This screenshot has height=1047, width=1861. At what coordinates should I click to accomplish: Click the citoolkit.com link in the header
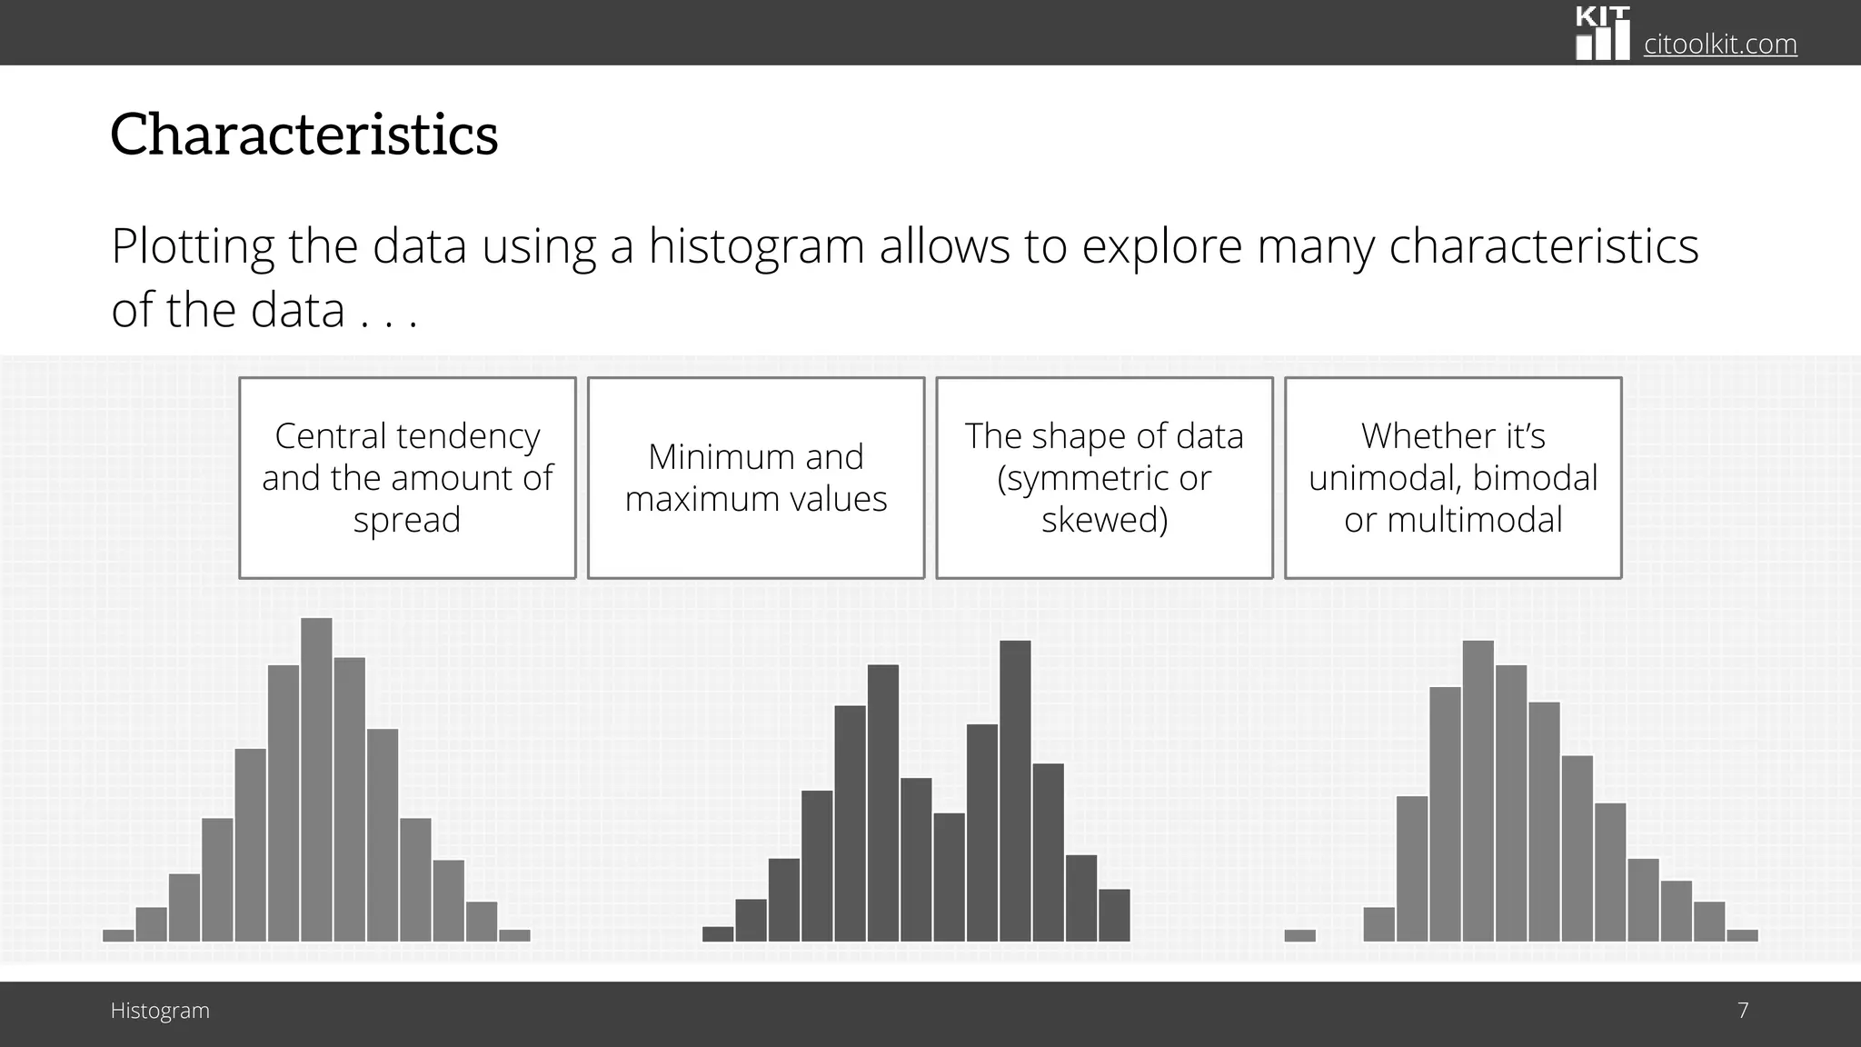pyautogui.click(x=1719, y=44)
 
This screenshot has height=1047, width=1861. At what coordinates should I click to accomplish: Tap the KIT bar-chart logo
pyautogui.click(x=1602, y=35)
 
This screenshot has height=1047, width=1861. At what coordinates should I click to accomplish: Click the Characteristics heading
pyautogui.click(x=304, y=135)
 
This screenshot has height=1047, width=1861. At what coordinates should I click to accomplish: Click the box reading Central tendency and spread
pyautogui.click(x=407, y=478)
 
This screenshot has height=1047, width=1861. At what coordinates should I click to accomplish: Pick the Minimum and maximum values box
pyautogui.click(x=755, y=478)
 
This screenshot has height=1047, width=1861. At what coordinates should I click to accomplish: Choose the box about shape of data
pyautogui.click(x=1104, y=478)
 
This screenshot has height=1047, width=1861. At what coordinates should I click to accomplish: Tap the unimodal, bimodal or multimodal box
pyautogui.click(x=1452, y=478)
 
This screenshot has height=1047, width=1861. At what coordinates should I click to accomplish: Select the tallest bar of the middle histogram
pyautogui.click(x=1015, y=791)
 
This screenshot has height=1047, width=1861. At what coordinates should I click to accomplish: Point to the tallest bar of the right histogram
pyautogui.click(x=1478, y=791)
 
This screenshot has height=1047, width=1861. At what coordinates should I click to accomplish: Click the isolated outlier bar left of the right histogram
pyautogui.click(x=1299, y=935)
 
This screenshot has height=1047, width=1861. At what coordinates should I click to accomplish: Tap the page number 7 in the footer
pyautogui.click(x=1742, y=1011)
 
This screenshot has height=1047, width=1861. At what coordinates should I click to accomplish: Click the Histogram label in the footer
pyautogui.click(x=160, y=1011)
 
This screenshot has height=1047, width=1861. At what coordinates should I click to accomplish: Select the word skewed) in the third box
pyautogui.click(x=1104, y=520)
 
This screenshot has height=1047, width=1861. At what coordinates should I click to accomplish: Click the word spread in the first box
pyautogui.click(x=407, y=520)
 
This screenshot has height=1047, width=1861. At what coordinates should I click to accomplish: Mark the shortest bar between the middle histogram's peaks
pyautogui.click(x=949, y=877)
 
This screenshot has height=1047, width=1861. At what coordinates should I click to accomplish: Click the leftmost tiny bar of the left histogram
pyautogui.click(x=118, y=935)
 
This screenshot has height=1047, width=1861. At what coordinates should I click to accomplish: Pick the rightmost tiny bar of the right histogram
pyautogui.click(x=1742, y=935)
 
